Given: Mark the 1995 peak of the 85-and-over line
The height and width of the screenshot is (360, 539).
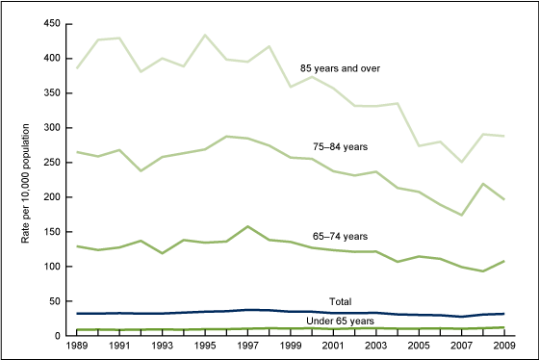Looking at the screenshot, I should click(x=205, y=36).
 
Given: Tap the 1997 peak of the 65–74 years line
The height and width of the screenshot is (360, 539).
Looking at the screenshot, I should click(x=248, y=226).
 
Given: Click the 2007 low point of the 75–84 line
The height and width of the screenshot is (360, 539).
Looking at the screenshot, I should click(x=463, y=215).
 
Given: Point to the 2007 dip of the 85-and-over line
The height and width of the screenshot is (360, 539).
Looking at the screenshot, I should click(x=463, y=162).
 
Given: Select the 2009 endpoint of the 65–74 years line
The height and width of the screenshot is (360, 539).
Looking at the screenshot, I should click(x=506, y=261).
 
